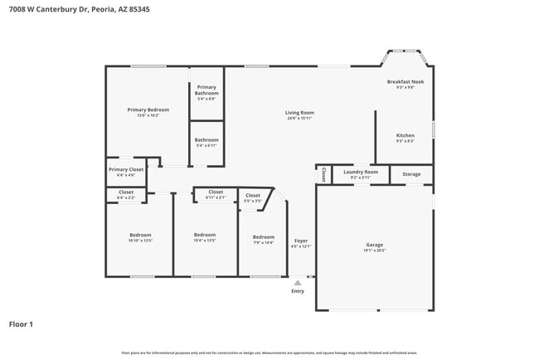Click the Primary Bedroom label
(x=148, y=109)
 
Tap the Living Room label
(x=299, y=113)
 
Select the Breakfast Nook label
(x=405, y=82)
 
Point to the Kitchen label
(x=405, y=135)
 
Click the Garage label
(x=375, y=245)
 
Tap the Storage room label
(x=411, y=174)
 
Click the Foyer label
(x=300, y=241)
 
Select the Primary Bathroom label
(x=206, y=90)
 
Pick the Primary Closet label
(x=126, y=169)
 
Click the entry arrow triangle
(x=298, y=283)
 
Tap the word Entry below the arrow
(x=298, y=291)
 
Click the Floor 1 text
(x=21, y=324)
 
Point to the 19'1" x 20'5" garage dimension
(x=375, y=250)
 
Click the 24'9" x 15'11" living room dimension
(x=299, y=118)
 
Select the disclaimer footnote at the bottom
(x=269, y=353)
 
